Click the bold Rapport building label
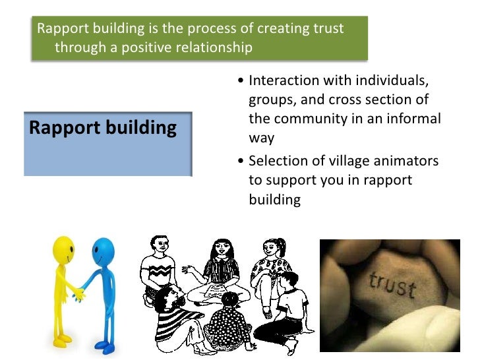(x=103, y=127)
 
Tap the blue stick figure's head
(x=104, y=250)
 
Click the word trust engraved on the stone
(x=393, y=284)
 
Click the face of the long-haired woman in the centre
(x=220, y=251)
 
